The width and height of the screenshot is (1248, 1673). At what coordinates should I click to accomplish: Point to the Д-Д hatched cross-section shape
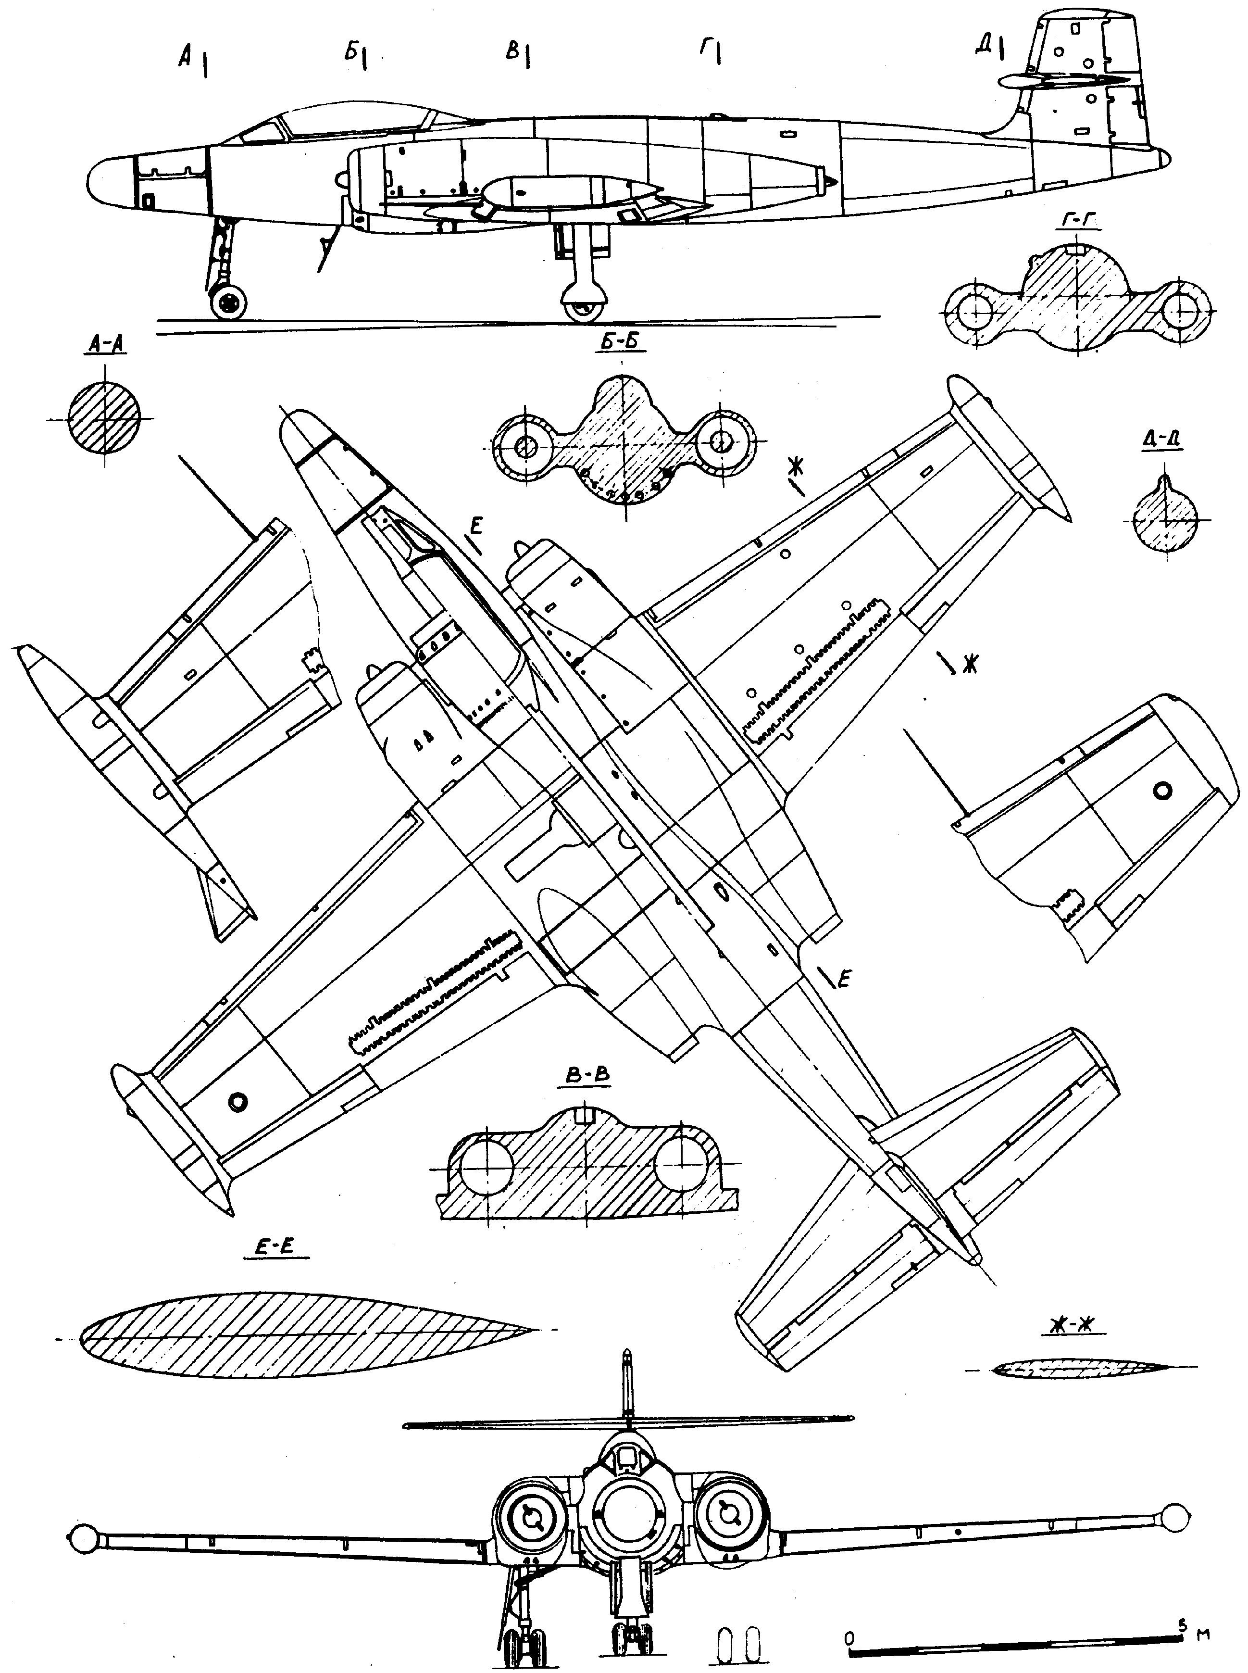[x=1166, y=520]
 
